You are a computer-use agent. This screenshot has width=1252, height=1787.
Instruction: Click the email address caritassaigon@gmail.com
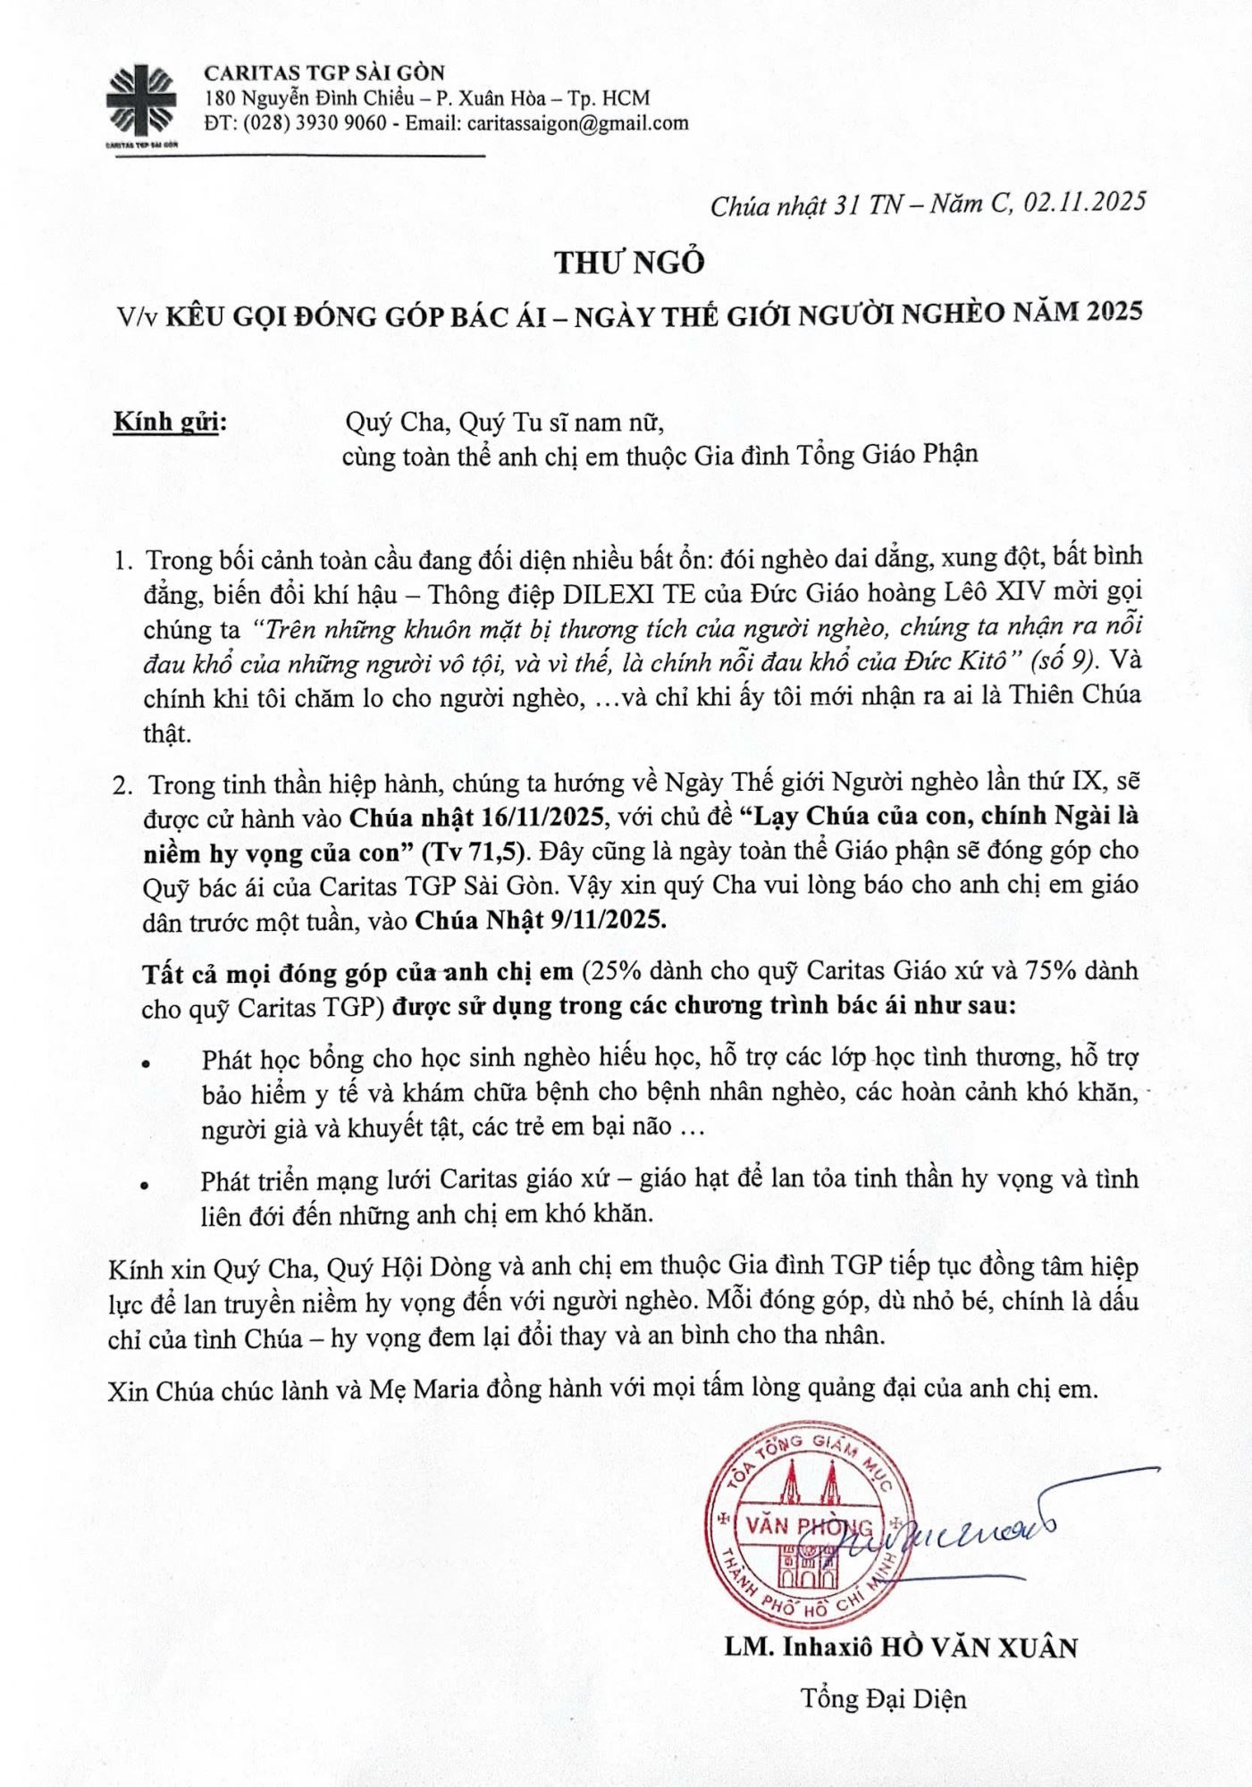[x=576, y=123]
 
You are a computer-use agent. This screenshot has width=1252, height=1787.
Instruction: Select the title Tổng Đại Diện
[x=883, y=1698]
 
